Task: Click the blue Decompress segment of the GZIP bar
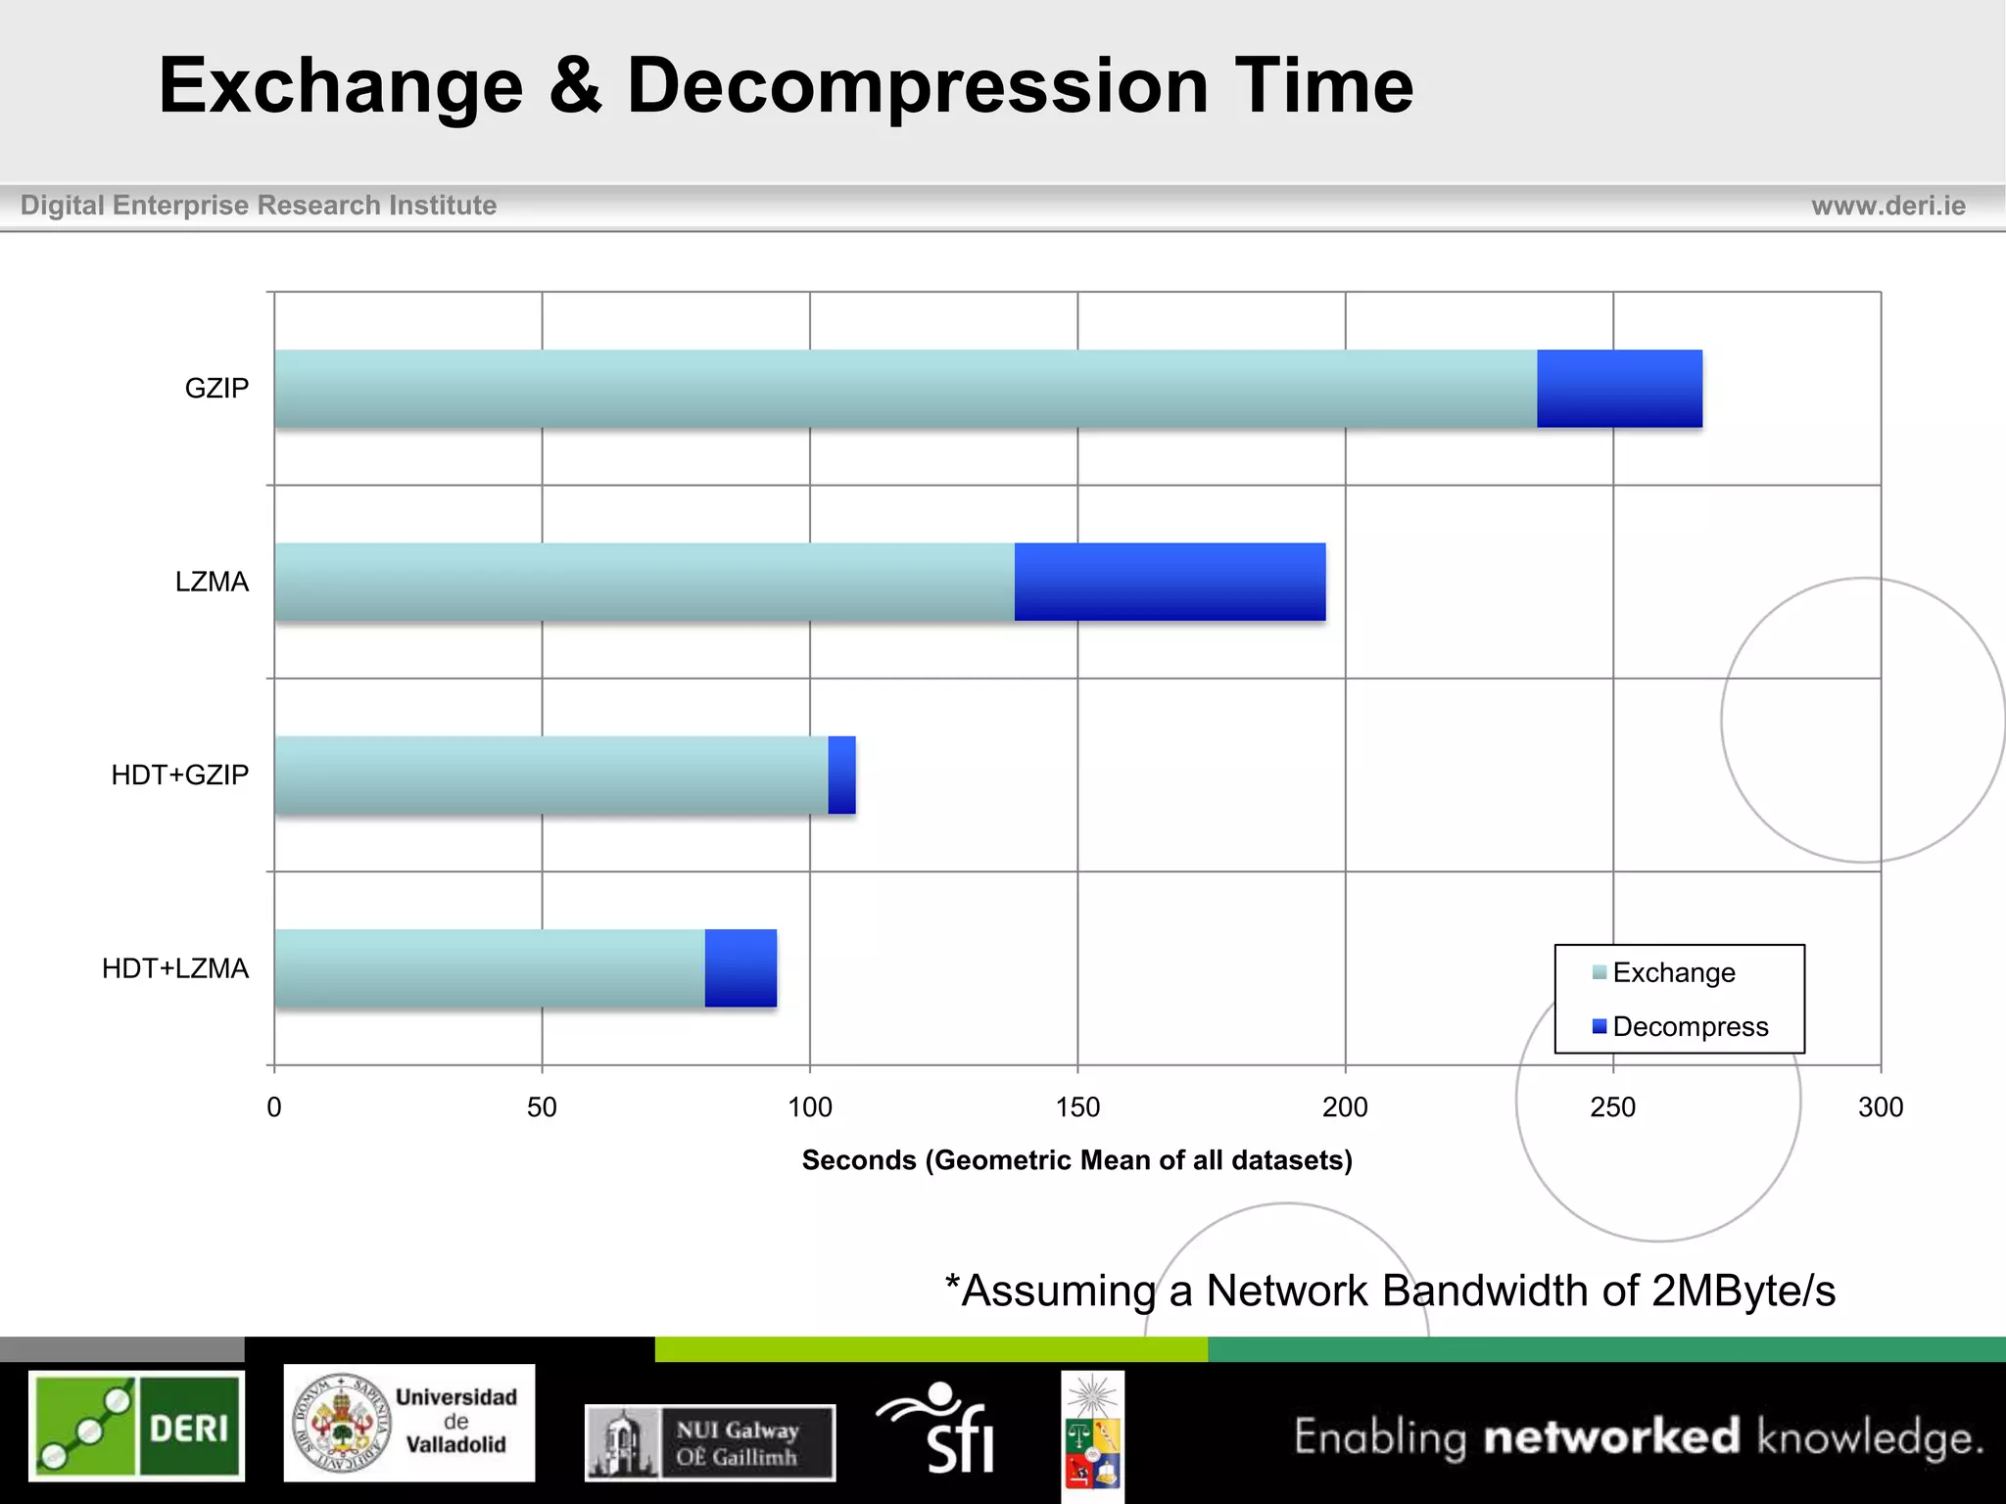(x=1619, y=389)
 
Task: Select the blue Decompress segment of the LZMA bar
(x=1170, y=582)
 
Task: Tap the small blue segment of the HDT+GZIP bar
(x=841, y=775)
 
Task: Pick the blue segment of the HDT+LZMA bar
(x=740, y=968)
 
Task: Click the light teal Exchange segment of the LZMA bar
(x=645, y=582)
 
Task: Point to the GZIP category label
(x=216, y=389)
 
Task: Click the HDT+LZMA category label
(x=175, y=968)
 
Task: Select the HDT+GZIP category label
(x=180, y=775)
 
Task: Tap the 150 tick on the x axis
(x=1077, y=1107)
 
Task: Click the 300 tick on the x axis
(x=1880, y=1107)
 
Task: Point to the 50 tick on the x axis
(x=542, y=1107)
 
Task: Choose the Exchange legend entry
(x=1673, y=972)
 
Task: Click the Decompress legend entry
(x=1690, y=1026)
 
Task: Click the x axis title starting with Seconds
(x=1076, y=1160)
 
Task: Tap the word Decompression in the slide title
(x=918, y=86)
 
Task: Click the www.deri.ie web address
(x=1887, y=206)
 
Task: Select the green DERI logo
(x=136, y=1426)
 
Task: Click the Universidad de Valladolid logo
(x=409, y=1422)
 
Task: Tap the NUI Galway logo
(x=710, y=1442)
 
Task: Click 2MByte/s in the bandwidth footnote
(x=1743, y=1291)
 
